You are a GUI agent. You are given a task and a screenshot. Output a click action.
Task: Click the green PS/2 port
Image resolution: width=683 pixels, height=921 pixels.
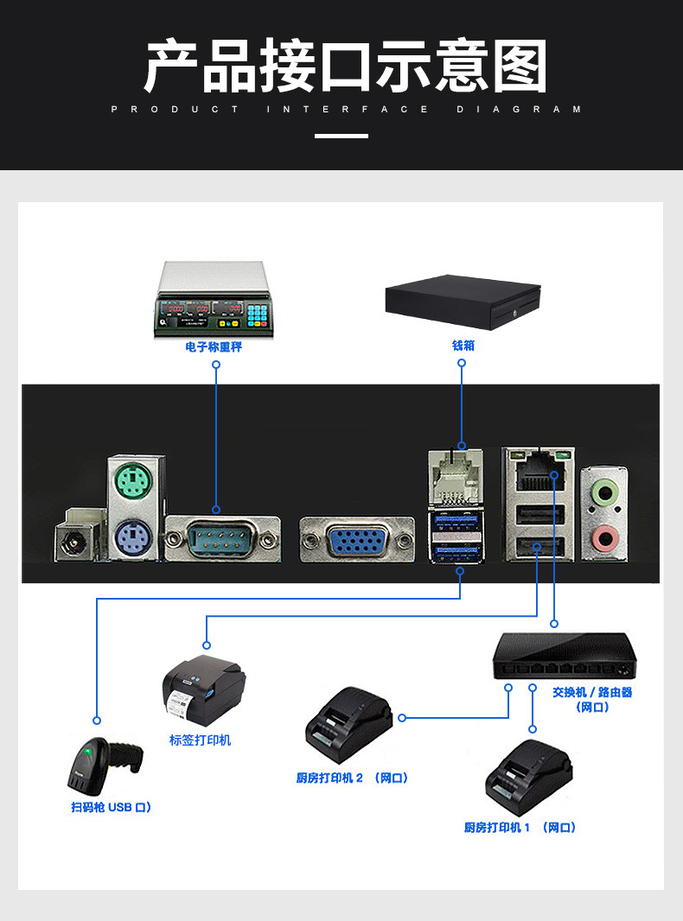pyautogui.click(x=132, y=481)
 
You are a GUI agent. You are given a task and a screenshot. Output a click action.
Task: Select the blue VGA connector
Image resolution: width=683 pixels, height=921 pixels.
pyautogui.click(x=356, y=541)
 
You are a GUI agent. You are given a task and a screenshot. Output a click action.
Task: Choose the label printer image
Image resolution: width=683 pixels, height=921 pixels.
pyautogui.click(x=203, y=691)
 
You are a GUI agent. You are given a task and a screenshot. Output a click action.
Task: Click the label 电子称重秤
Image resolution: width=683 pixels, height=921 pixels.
pyautogui.click(x=214, y=346)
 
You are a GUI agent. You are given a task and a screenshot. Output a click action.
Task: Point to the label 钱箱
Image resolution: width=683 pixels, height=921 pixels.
pyautogui.click(x=463, y=346)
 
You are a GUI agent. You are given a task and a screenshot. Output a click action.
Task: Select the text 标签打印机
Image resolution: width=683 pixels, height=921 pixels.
pyautogui.click(x=200, y=740)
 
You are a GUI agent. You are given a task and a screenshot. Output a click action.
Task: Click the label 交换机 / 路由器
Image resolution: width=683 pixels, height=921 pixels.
pyautogui.click(x=592, y=692)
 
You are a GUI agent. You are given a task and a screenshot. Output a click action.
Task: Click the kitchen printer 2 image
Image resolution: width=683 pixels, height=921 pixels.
pyautogui.click(x=347, y=725)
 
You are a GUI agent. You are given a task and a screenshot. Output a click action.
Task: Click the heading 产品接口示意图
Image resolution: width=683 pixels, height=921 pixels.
pyautogui.click(x=345, y=67)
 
